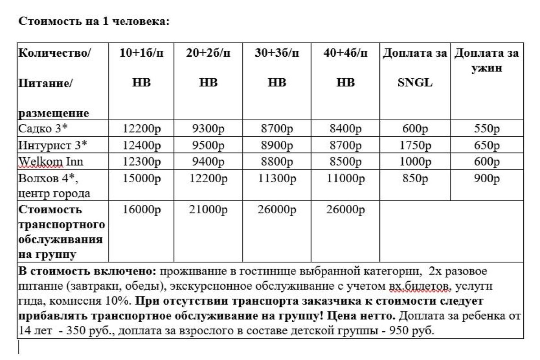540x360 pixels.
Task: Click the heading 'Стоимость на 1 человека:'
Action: [94, 21]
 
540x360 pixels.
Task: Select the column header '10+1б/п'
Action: [141, 53]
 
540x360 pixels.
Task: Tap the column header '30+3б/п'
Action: [276, 53]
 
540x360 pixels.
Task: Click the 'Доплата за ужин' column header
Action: [486, 60]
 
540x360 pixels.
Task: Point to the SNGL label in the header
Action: [414, 83]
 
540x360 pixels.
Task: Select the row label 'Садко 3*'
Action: [43, 129]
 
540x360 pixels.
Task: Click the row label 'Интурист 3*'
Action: [53, 145]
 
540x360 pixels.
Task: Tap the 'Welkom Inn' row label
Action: [50, 162]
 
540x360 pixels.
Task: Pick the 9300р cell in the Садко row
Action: [208, 129]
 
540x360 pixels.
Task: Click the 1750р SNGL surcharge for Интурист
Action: [414, 145]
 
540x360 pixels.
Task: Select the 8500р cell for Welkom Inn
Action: [346, 162]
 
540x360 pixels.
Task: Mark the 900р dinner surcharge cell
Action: [487, 178]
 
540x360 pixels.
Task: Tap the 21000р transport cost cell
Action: [208, 210]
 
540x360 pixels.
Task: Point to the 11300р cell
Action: [277, 178]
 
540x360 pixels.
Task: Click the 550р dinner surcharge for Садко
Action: [487, 129]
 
